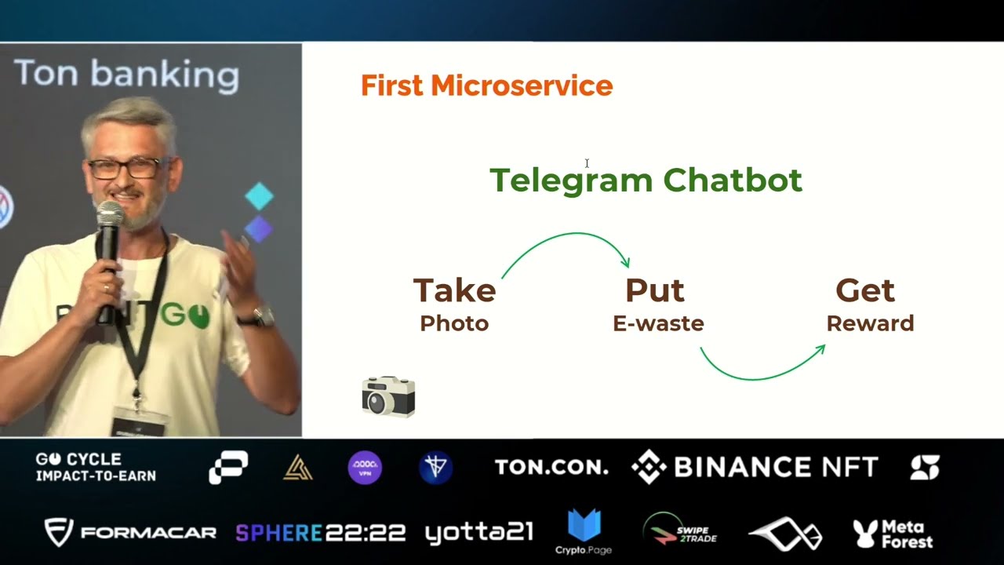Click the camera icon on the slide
[x=388, y=396]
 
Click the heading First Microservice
[x=486, y=86]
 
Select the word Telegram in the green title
[x=572, y=180]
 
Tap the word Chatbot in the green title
[x=733, y=180]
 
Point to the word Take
[x=454, y=290]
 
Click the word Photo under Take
[x=454, y=323]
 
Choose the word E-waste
[x=658, y=323]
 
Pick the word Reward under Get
[x=870, y=323]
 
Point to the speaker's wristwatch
[x=261, y=317]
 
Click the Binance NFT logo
[x=755, y=468]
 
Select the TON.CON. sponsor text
[x=551, y=468]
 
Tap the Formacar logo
[x=130, y=533]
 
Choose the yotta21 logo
[x=478, y=533]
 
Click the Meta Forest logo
[x=893, y=534]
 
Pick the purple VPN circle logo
[x=365, y=468]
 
